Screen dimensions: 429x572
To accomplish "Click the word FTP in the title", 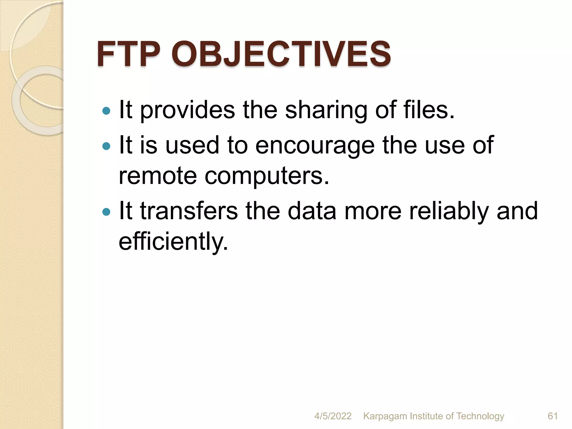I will click(x=128, y=54).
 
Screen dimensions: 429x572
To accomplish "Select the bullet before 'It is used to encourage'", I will click(x=106, y=146).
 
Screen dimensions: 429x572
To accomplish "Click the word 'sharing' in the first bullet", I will click(x=326, y=111).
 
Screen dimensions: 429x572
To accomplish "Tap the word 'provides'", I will click(x=187, y=111).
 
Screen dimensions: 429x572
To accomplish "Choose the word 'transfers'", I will click(x=189, y=211).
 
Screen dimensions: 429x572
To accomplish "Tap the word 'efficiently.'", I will click(x=173, y=242).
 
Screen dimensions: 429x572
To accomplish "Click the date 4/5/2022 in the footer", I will click(x=333, y=416).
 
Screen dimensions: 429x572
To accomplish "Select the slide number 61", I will click(x=553, y=416).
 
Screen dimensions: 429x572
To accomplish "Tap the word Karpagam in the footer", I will click(x=385, y=416).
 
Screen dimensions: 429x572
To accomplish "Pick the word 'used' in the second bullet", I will click(x=192, y=145).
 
